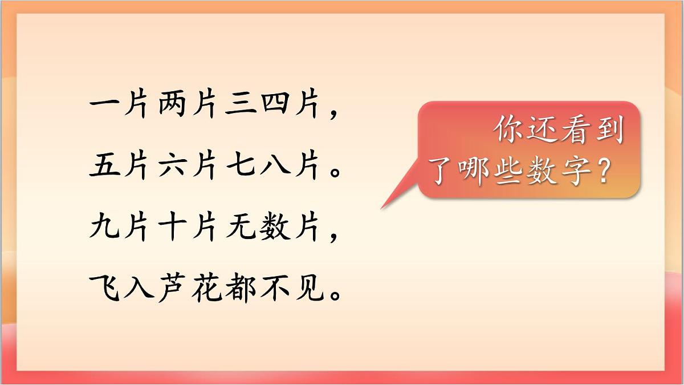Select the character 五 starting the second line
click(104, 168)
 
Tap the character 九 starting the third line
click(104, 229)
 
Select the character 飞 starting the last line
click(104, 290)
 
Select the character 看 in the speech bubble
click(575, 131)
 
